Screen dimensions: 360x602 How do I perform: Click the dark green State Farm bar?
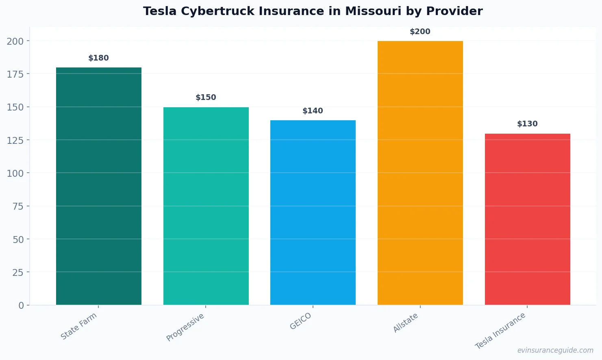click(x=99, y=186)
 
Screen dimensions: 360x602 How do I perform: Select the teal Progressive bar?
click(x=206, y=206)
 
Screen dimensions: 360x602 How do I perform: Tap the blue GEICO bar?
click(x=313, y=213)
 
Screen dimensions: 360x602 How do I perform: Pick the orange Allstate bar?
click(x=420, y=173)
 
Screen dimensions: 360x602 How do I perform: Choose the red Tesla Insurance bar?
click(x=527, y=219)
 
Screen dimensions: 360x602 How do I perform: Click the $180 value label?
click(x=99, y=58)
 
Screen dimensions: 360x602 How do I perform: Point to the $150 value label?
click(x=206, y=98)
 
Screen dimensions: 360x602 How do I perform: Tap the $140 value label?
click(x=313, y=111)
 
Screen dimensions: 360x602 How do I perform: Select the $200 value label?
click(x=420, y=32)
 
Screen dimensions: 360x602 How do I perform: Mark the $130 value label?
click(x=527, y=124)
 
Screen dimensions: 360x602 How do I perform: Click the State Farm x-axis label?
click(x=79, y=326)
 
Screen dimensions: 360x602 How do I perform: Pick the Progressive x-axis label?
click(x=185, y=327)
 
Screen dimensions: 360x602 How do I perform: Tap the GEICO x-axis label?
click(x=301, y=321)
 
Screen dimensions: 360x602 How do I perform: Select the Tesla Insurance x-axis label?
click(x=500, y=331)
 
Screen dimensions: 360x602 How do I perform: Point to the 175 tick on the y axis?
click(x=15, y=74)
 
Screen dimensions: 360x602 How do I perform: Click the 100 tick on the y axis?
click(x=15, y=173)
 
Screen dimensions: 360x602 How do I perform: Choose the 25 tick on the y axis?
click(x=18, y=272)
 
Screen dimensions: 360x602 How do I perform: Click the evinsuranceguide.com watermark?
click(x=555, y=350)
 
